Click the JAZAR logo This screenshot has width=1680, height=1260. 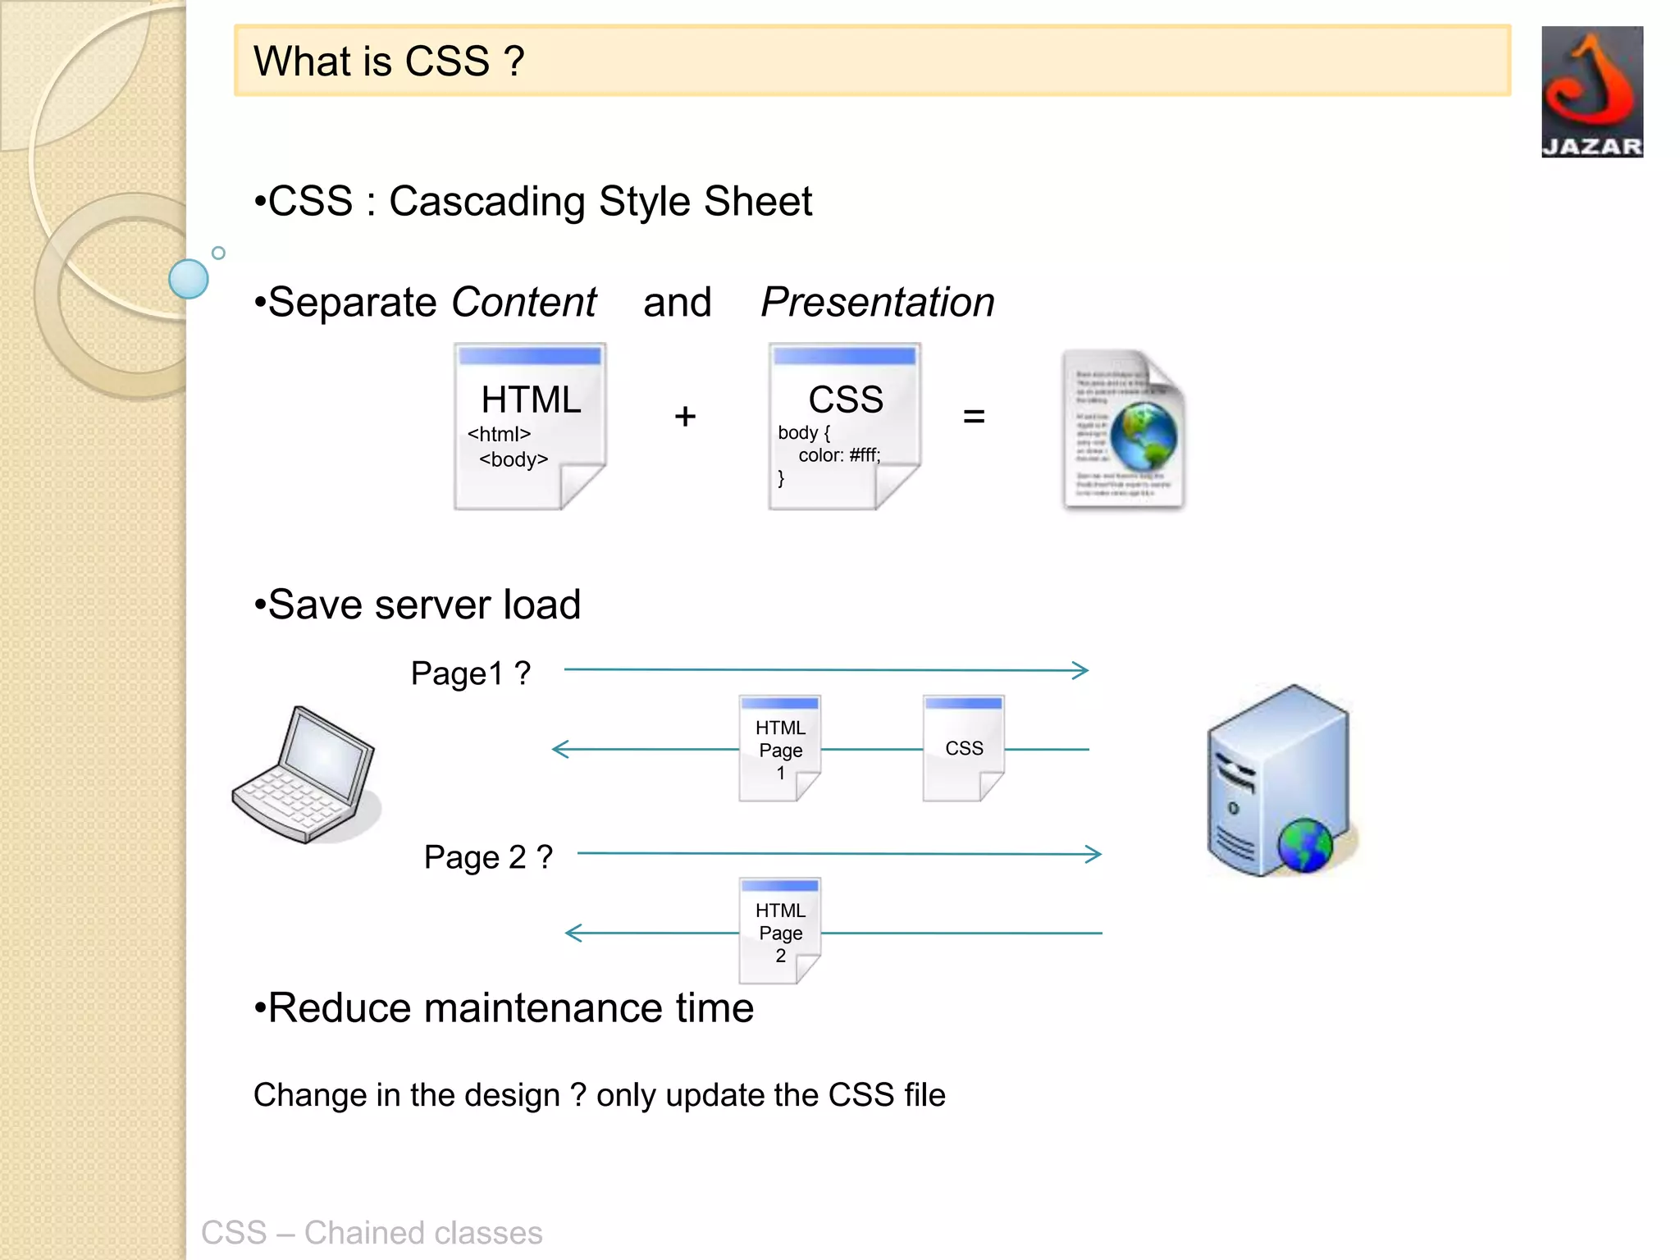pyautogui.click(x=1591, y=92)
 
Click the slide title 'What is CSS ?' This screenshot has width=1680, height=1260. pyautogui.click(x=389, y=62)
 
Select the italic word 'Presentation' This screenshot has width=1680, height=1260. pyautogui.click(x=877, y=302)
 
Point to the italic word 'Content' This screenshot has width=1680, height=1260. pyautogui.click(x=523, y=302)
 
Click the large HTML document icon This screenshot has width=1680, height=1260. pyautogui.click(x=530, y=427)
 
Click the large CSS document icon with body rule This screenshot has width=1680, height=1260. pyautogui.click(x=844, y=427)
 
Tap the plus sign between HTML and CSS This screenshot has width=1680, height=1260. pyautogui.click(x=685, y=417)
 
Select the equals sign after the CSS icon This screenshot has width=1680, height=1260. pyautogui.click(x=974, y=417)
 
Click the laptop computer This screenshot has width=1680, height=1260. pyautogui.click(x=305, y=775)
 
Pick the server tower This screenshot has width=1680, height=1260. pyautogui.click(x=1280, y=781)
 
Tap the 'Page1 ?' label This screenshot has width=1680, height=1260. pyautogui.click(x=470, y=673)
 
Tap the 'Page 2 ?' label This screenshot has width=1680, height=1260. pyautogui.click(x=488, y=857)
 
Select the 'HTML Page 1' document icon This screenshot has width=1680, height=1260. pyautogui.click(x=779, y=748)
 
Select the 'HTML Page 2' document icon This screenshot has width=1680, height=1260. pyautogui.click(x=779, y=931)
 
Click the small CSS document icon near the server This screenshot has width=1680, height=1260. pyautogui.click(x=963, y=748)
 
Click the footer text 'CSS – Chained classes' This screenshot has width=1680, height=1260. pyautogui.click(x=372, y=1232)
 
